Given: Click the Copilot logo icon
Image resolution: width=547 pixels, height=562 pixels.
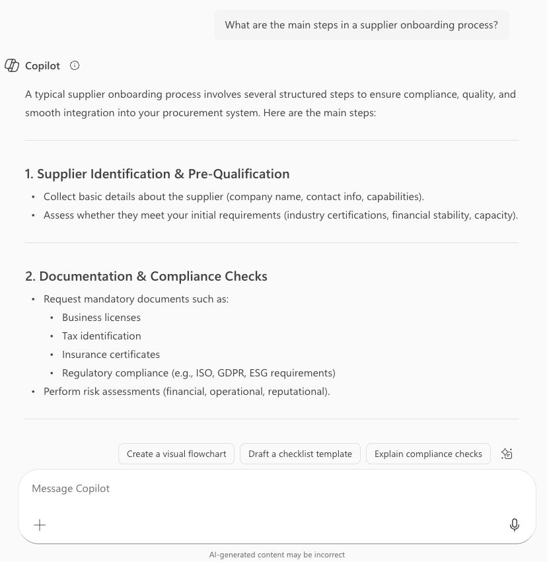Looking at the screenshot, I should [x=12, y=65].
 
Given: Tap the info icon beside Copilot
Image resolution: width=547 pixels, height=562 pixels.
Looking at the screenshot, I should [x=75, y=65].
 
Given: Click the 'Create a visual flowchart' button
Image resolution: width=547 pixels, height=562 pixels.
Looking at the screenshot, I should [x=176, y=454].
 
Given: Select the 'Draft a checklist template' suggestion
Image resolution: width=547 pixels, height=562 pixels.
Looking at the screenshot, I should [x=300, y=454].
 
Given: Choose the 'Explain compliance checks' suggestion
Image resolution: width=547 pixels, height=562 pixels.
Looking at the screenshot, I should [x=428, y=454].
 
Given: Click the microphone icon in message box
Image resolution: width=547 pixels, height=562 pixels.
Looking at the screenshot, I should [x=515, y=524].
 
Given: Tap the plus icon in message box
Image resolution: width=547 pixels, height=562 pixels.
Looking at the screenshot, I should [x=40, y=524].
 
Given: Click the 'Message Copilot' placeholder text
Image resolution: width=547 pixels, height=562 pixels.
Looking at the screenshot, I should [x=71, y=489].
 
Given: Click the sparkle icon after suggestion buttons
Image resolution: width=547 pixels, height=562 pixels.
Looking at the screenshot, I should [x=507, y=454].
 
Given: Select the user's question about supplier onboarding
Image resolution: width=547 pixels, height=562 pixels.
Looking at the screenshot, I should [x=361, y=25].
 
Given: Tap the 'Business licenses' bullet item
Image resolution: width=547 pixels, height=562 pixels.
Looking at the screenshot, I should [x=101, y=318].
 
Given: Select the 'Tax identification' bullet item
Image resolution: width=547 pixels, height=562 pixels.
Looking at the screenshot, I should [x=101, y=336].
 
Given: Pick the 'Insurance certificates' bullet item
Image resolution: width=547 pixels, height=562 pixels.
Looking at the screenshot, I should [x=111, y=355].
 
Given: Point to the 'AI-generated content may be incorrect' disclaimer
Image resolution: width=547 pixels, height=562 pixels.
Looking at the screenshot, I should [x=277, y=555].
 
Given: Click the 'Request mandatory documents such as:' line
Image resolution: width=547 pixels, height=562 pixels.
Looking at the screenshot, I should [x=136, y=299].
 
